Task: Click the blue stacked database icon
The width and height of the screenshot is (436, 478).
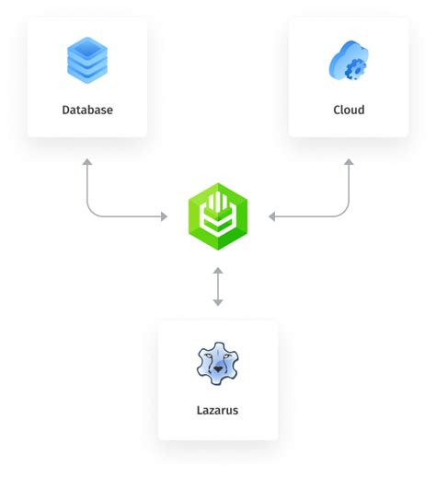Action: (x=87, y=60)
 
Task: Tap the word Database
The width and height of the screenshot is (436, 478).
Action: (x=87, y=110)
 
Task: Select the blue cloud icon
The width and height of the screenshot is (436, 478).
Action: (x=348, y=61)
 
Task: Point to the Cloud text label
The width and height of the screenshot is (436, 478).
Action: (x=349, y=110)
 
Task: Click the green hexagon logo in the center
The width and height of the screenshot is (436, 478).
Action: (x=218, y=216)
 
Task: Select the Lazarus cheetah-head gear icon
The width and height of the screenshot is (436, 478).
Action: (x=217, y=364)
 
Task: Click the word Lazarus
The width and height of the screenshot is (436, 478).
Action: (x=217, y=410)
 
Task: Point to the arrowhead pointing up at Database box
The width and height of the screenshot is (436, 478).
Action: (x=87, y=162)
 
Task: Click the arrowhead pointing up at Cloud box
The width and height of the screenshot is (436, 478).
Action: (x=349, y=162)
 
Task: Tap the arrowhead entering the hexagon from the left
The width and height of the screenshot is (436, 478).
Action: (x=164, y=216)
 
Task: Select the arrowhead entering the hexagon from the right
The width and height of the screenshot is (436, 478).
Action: (x=272, y=216)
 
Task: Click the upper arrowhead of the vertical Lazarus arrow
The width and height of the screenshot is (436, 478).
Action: (x=218, y=271)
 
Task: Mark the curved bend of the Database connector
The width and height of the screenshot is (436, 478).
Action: (x=92, y=212)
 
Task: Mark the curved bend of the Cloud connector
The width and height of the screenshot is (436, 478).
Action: (x=344, y=212)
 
